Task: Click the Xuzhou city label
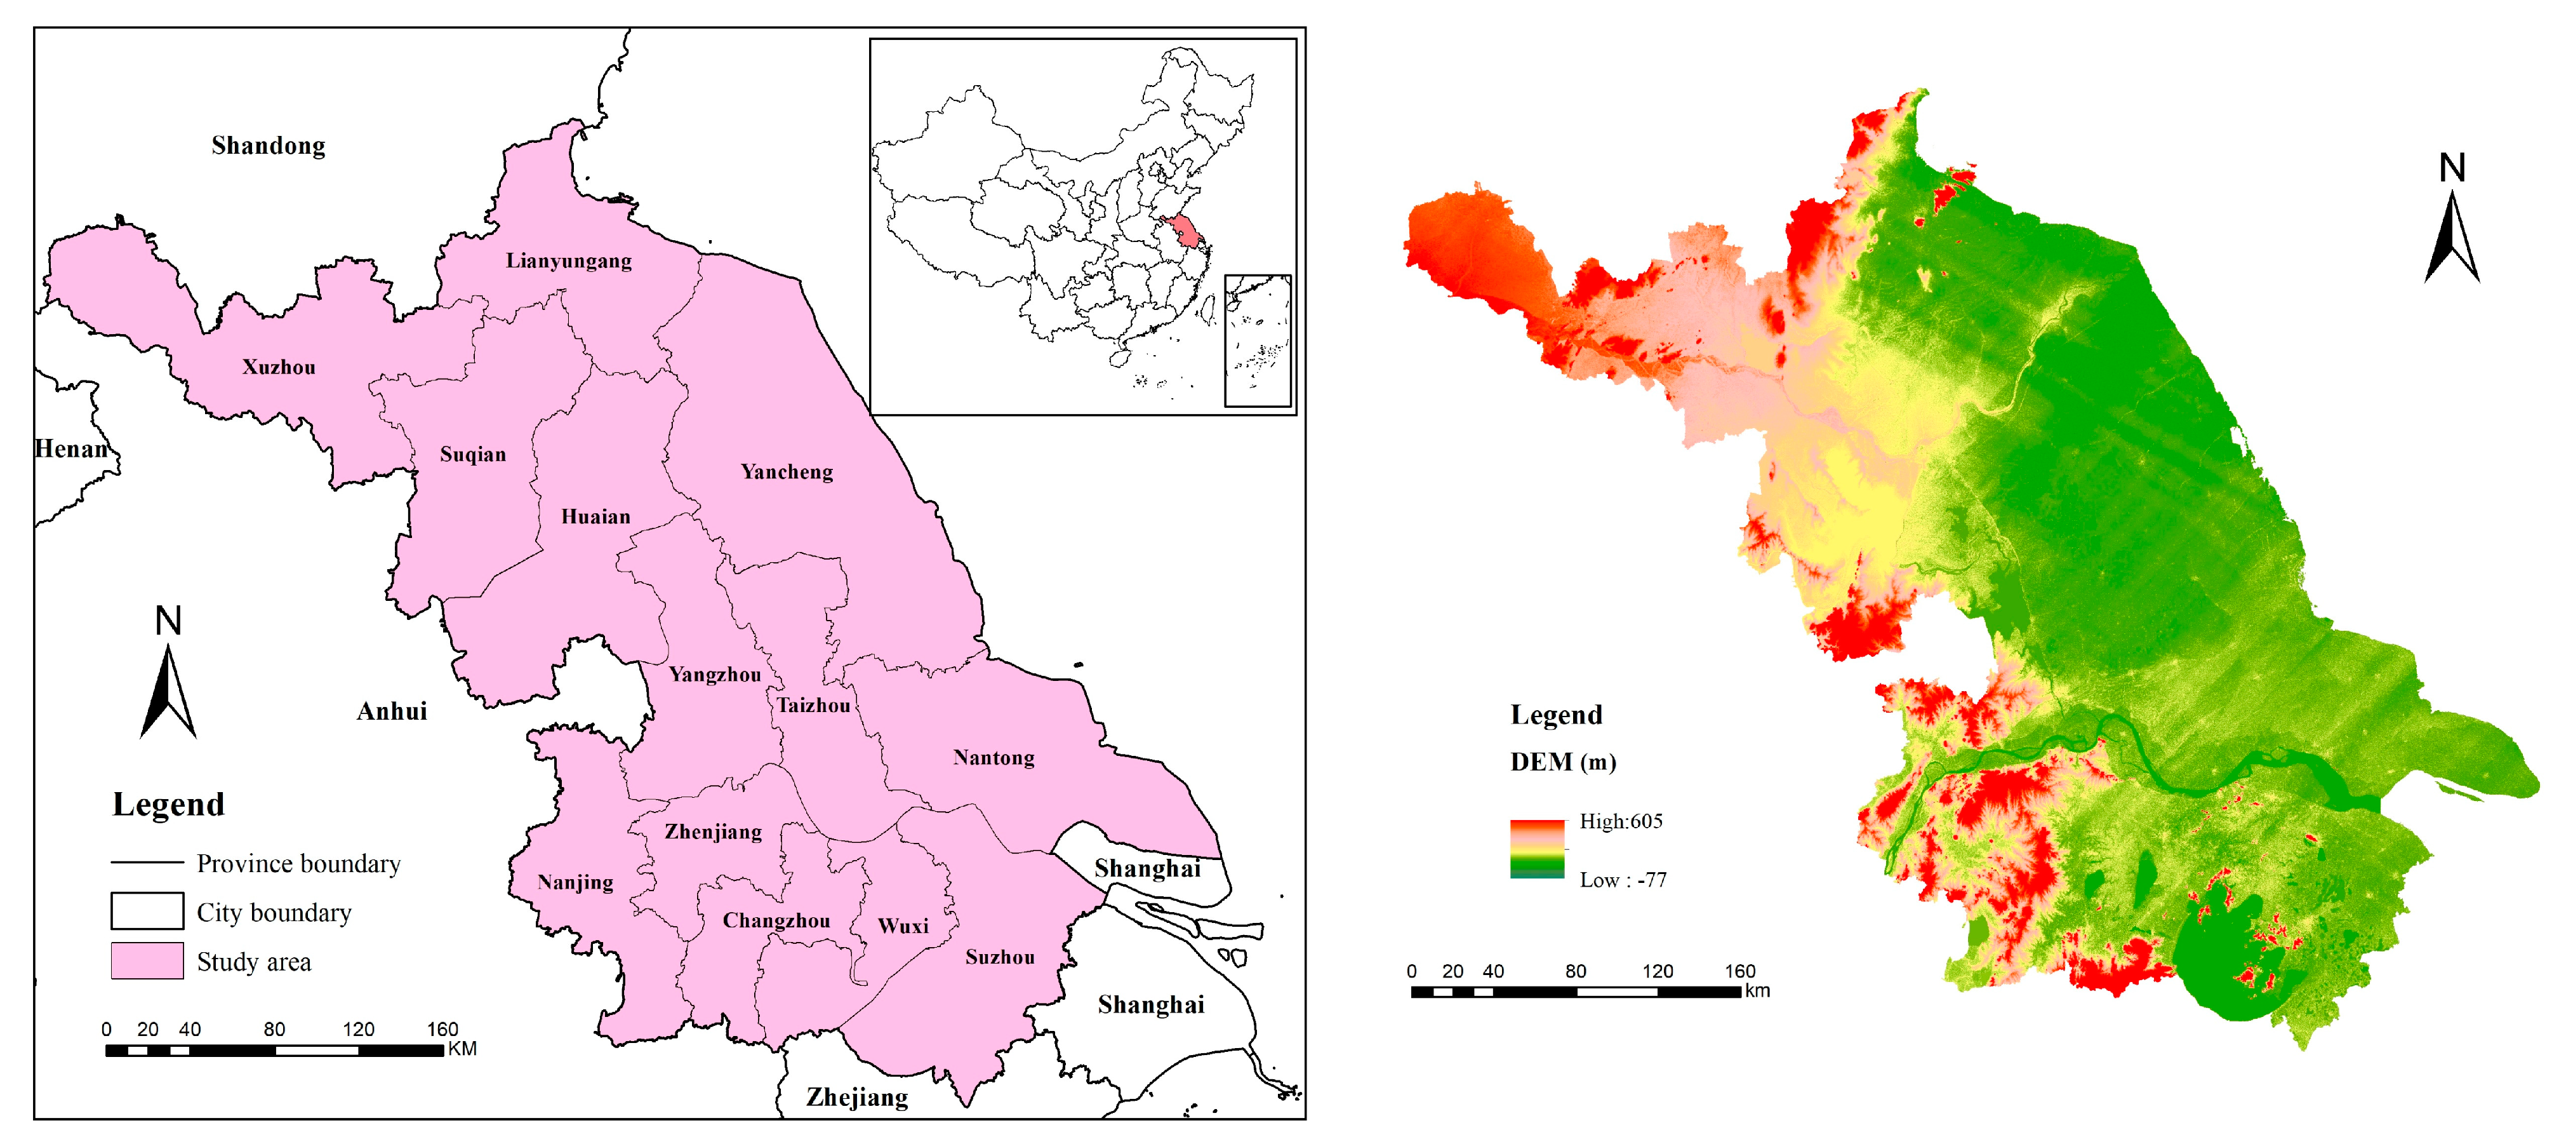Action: tap(279, 367)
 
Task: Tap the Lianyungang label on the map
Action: tap(569, 261)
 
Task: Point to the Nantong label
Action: tap(993, 757)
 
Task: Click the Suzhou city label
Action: tap(999, 957)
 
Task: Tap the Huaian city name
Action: tap(595, 516)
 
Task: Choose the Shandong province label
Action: tap(268, 145)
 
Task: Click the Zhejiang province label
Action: tap(856, 1097)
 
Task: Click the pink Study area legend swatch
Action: tap(147, 960)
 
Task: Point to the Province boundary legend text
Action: tap(298, 863)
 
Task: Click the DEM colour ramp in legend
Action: tap(1537, 849)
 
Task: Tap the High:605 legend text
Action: tap(1621, 821)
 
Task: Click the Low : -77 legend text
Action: tap(1623, 880)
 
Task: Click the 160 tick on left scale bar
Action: tap(442, 1030)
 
